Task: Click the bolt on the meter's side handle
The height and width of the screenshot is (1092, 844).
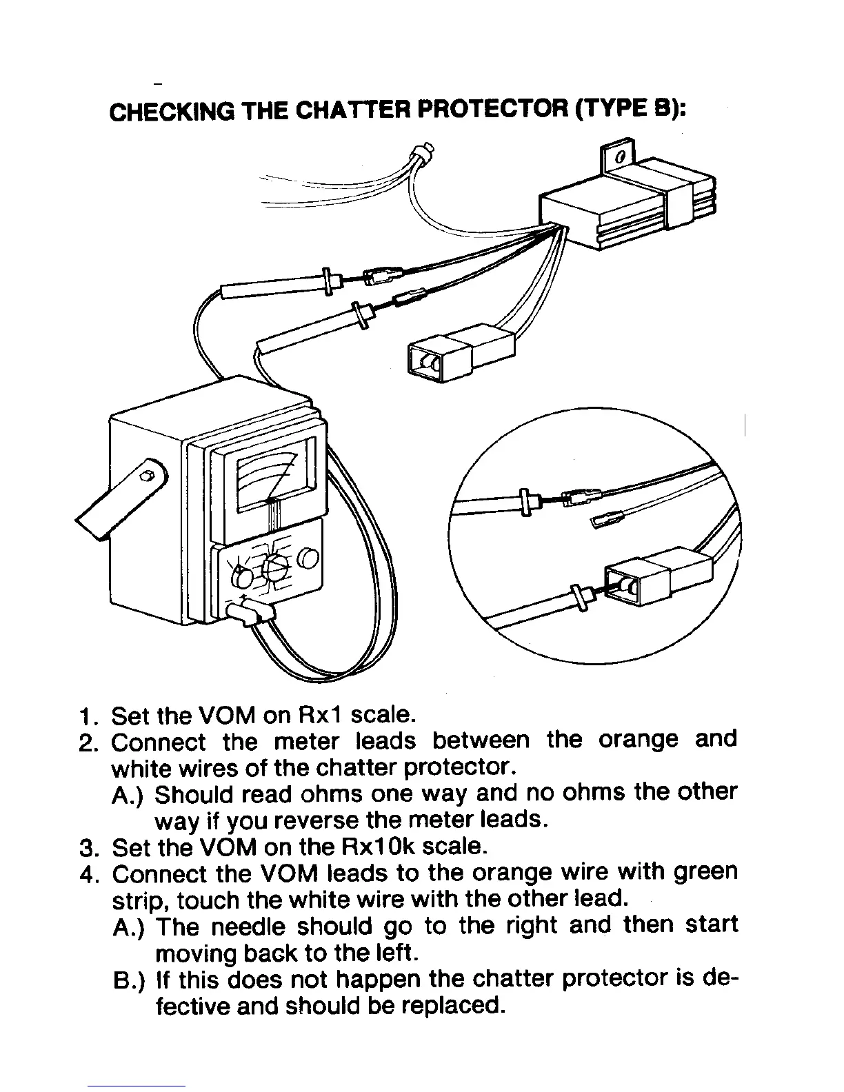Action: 145,476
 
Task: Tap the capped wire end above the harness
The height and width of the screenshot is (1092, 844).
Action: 423,152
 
